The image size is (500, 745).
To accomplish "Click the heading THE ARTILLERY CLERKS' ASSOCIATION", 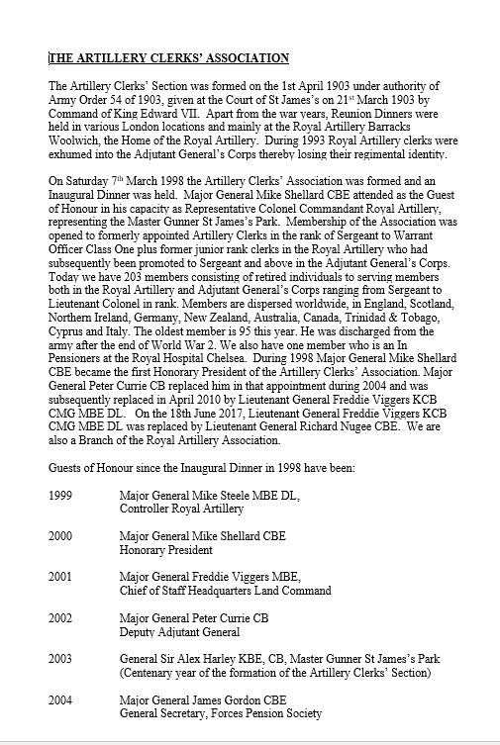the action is tap(169, 58).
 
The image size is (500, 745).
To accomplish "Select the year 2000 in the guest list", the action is tap(63, 535).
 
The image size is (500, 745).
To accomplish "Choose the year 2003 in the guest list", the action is tap(63, 659).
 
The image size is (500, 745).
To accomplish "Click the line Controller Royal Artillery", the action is tap(180, 509).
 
